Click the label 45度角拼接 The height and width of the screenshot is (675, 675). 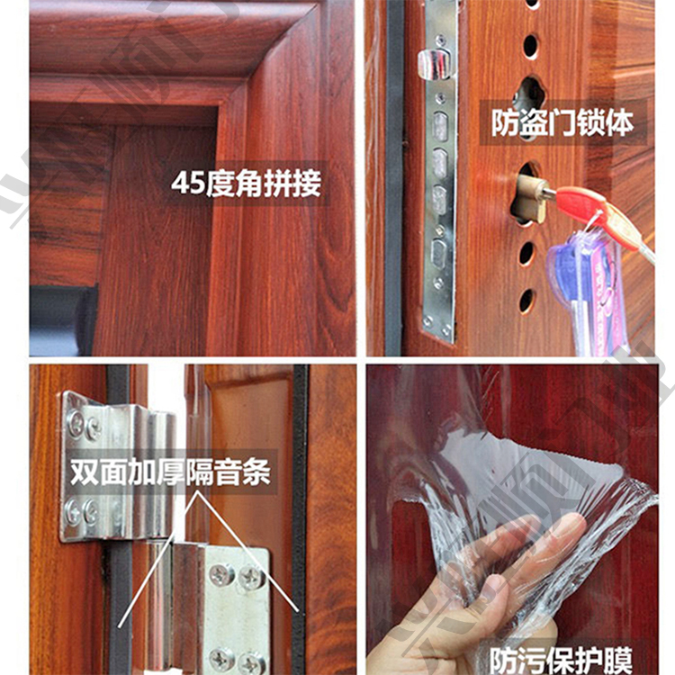click(246, 184)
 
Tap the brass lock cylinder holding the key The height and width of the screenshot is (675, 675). click(530, 194)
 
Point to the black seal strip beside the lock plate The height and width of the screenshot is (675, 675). click(394, 180)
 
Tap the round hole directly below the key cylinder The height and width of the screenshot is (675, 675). click(526, 254)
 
